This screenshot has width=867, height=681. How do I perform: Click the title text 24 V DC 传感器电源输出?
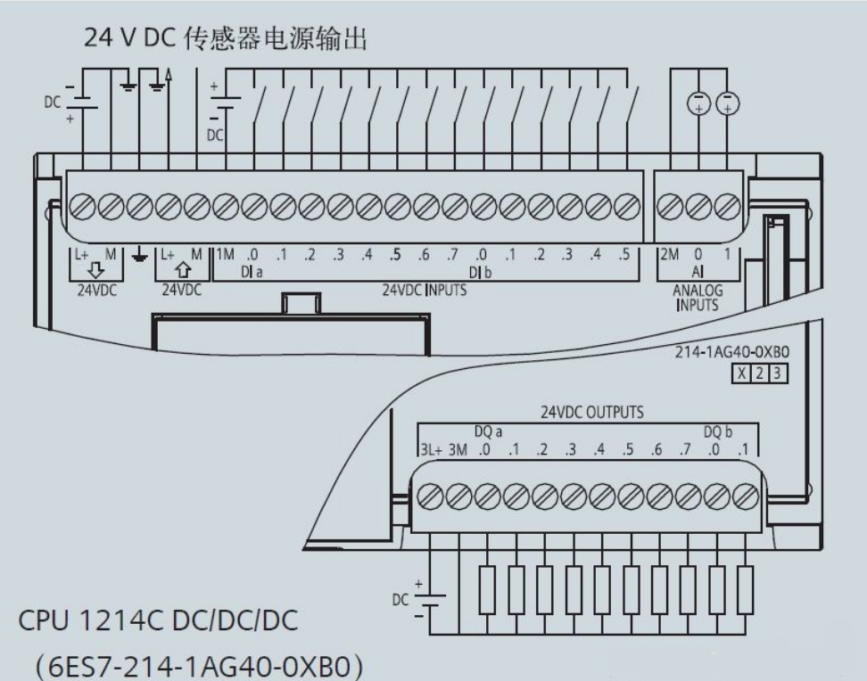click(x=225, y=38)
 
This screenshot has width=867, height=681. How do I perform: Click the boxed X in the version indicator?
click(x=742, y=373)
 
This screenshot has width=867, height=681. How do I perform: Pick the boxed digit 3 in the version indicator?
click(x=778, y=373)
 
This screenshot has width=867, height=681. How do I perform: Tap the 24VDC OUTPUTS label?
click(x=592, y=414)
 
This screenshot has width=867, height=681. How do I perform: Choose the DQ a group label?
click(x=489, y=431)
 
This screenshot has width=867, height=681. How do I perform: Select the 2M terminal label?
click(x=669, y=255)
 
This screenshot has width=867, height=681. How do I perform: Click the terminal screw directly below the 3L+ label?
click(x=429, y=494)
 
